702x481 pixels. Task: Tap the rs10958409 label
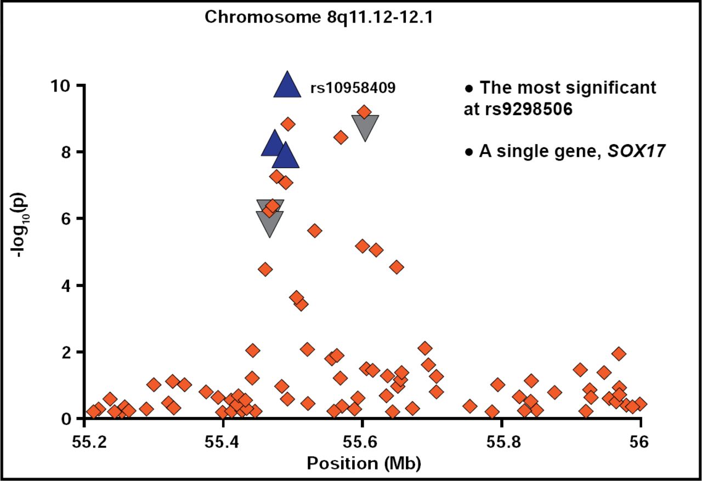click(x=353, y=88)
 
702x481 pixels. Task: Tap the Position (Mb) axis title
click(x=364, y=463)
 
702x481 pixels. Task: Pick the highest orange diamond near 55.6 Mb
click(x=364, y=112)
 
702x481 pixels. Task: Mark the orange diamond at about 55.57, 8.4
click(x=341, y=137)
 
